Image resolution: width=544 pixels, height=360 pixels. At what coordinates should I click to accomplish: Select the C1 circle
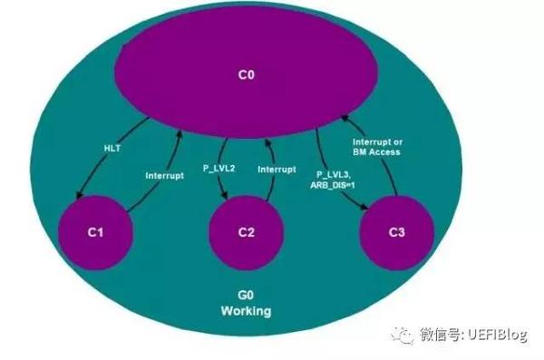pyautogui.click(x=96, y=232)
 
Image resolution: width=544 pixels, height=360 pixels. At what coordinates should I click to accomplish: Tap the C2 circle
pyautogui.click(x=246, y=232)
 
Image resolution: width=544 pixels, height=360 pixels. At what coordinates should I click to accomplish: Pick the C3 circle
pyautogui.click(x=396, y=232)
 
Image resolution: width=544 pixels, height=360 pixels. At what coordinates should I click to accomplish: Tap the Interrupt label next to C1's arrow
pyautogui.click(x=165, y=176)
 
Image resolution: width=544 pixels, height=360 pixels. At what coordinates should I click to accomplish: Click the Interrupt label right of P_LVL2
pyautogui.click(x=277, y=169)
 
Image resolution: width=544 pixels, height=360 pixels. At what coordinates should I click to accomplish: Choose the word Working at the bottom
pyautogui.click(x=246, y=311)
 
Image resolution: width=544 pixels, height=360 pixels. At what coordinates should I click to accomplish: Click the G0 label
pyautogui.click(x=246, y=297)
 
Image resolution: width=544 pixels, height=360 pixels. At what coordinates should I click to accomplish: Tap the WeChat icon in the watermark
pyautogui.click(x=401, y=336)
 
